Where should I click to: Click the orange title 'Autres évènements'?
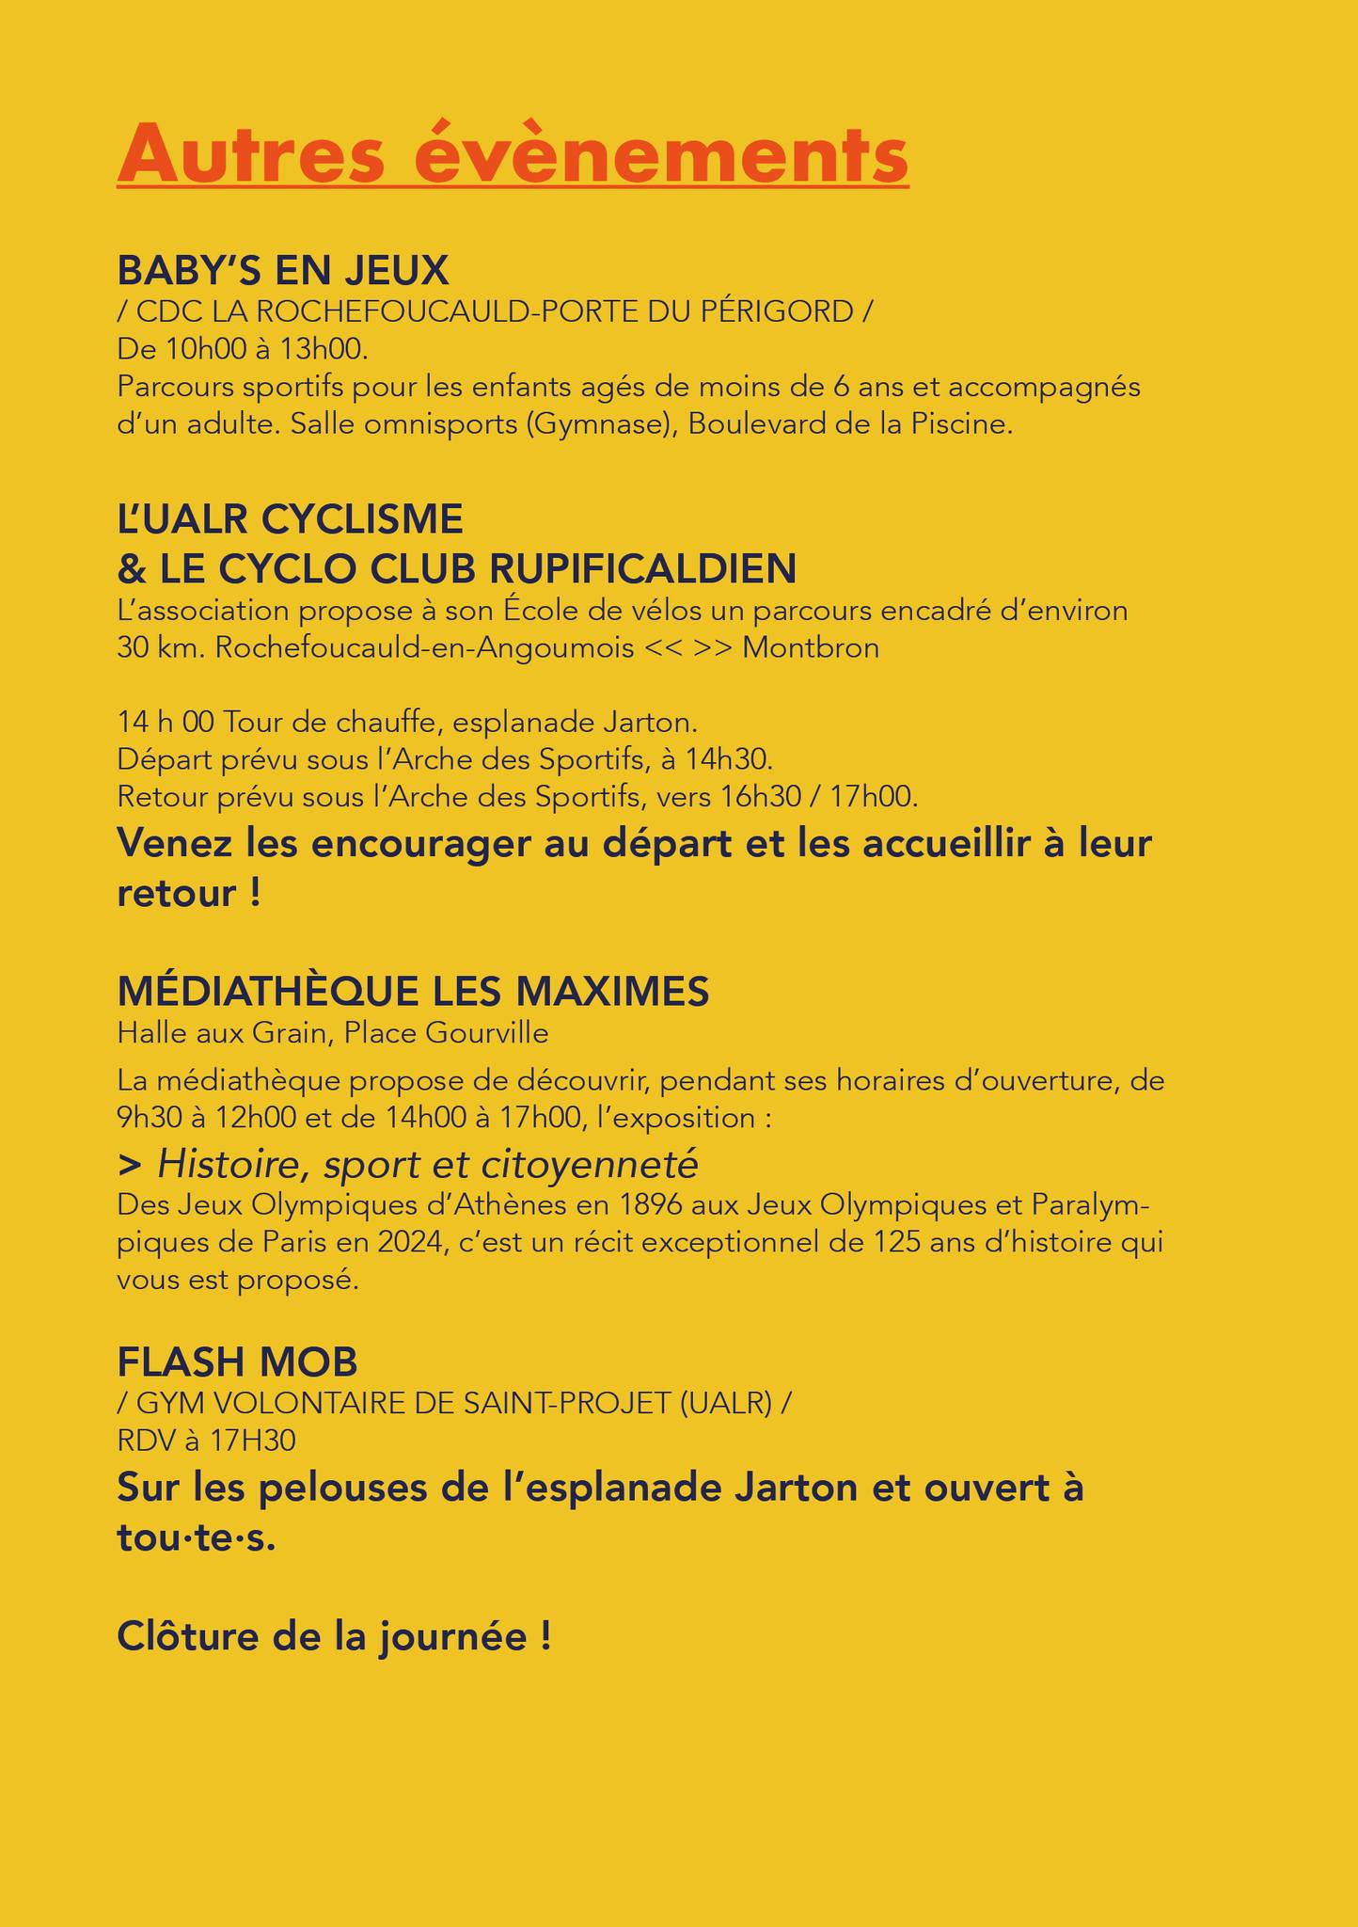pyautogui.click(x=513, y=152)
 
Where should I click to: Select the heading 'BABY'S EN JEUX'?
pyautogui.click(x=283, y=271)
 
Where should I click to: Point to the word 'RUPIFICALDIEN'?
pyautogui.click(x=643, y=568)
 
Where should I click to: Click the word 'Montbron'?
pyautogui.click(x=811, y=648)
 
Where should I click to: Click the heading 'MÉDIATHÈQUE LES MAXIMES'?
pyautogui.click(x=413, y=991)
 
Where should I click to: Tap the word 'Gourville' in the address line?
pyautogui.click(x=488, y=1034)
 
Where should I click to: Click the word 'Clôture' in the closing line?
pyautogui.click(x=189, y=1637)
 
